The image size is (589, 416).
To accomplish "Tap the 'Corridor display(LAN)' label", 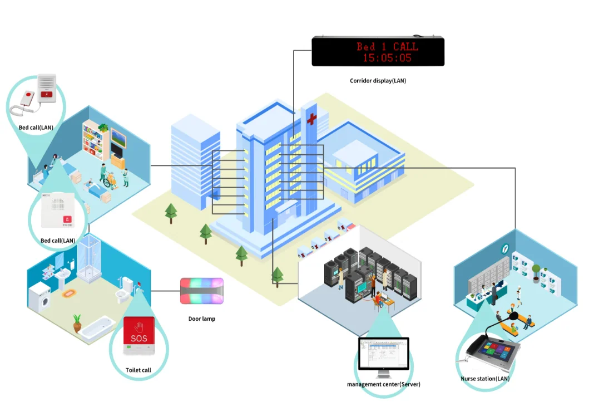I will [378, 81].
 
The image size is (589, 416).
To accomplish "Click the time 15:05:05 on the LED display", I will [387, 57].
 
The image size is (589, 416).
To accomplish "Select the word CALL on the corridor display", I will [405, 46].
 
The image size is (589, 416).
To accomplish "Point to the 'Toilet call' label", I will [138, 370].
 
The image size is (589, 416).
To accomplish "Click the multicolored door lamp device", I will [201, 291].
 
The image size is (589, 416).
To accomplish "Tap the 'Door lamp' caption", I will [201, 319].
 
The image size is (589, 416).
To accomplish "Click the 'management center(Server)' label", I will [383, 384].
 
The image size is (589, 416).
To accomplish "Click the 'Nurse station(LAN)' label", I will [485, 379].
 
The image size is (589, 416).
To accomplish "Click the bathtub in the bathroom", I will [97, 329].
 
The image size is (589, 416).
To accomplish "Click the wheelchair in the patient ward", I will [111, 179].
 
